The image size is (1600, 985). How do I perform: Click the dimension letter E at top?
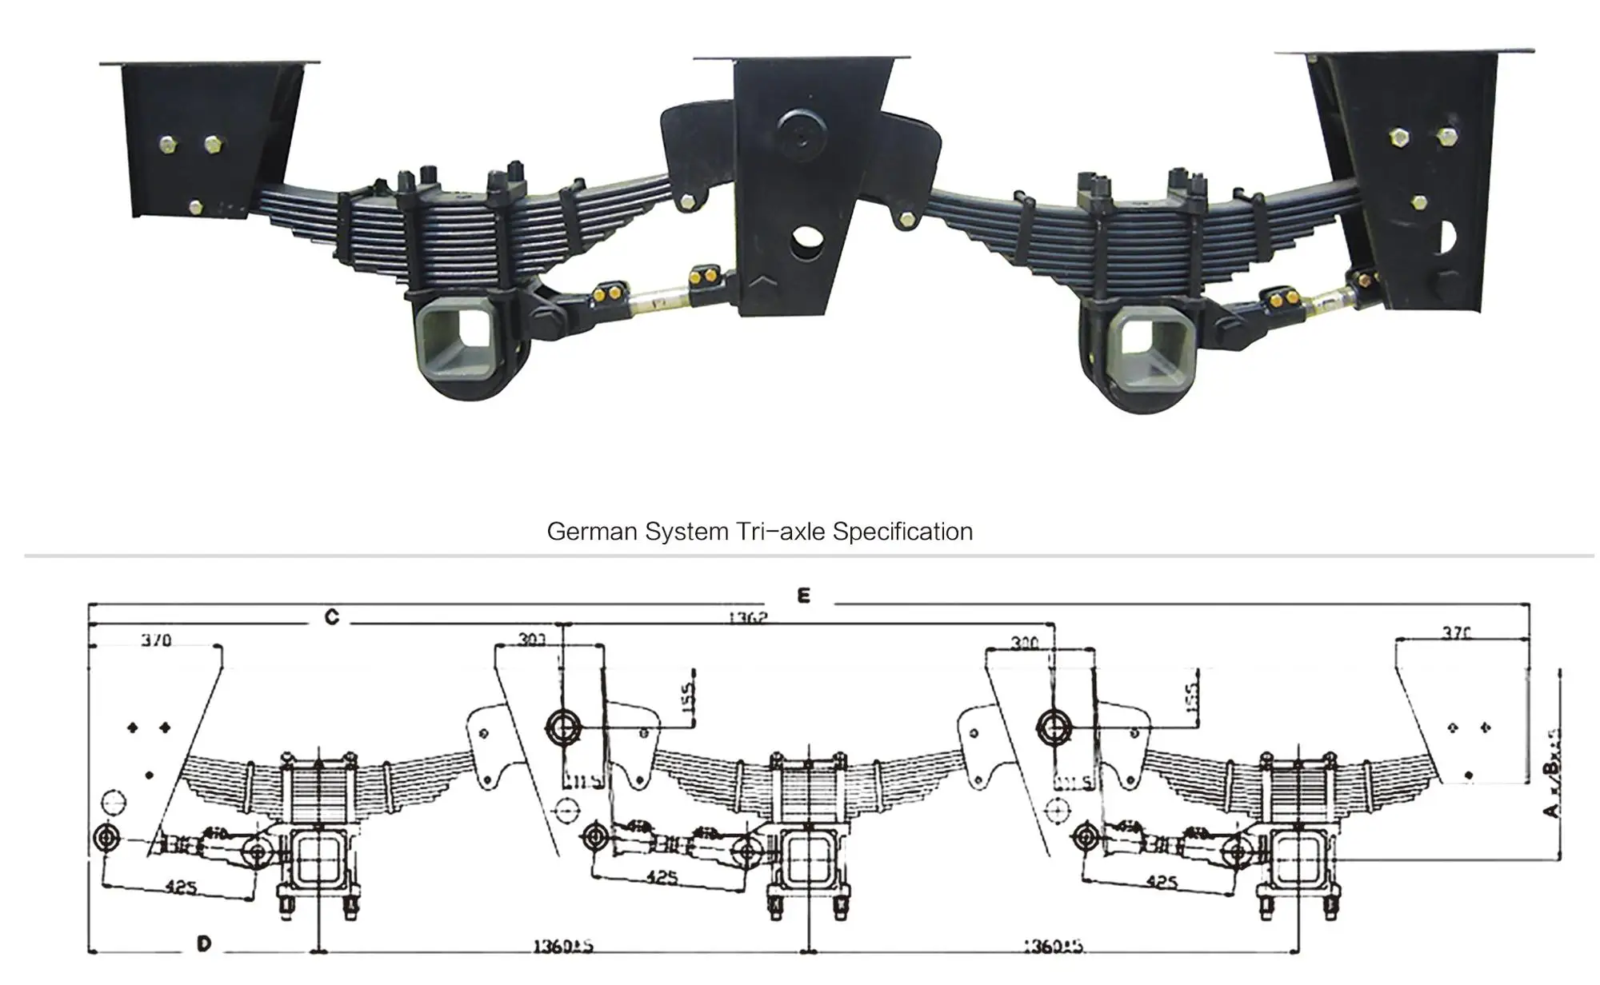pyautogui.click(x=803, y=596)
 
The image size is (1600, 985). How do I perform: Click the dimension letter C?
pyautogui.click(x=331, y=617)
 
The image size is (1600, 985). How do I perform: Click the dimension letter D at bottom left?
pyautogui.click(x=204, y=944)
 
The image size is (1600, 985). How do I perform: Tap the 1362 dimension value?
pyautogui.click(x=747, y=618)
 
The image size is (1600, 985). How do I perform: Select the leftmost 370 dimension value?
pyautogui.click(x=156, y=640)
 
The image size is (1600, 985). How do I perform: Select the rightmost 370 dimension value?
pyautogui.click(x=1456, y=633)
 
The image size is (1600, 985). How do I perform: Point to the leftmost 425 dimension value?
pyautogui.click(x=182, y=887)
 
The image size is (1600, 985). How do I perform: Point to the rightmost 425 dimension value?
pyautogui.click(x=1161, y=882)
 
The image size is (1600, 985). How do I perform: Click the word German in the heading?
pyautogui.click(x=592, y=532)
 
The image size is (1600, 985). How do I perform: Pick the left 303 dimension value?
pyautogui.click(x=532, y=640)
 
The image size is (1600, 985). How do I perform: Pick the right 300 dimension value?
pyautogui.click(x=1024, y=643)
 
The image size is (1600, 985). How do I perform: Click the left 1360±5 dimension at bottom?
pyautogui.click(x=563, y=947)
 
